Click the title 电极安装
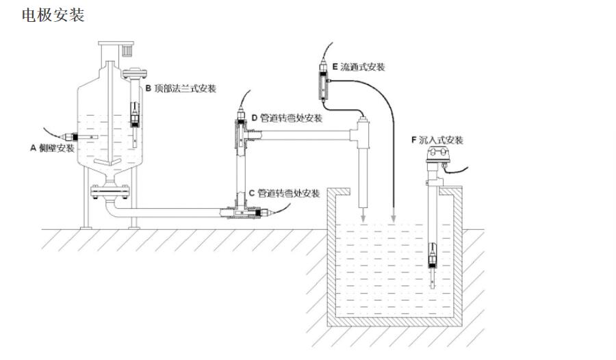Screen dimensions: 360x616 53,15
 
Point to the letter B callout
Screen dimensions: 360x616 148,88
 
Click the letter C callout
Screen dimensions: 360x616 252,193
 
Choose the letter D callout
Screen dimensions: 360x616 254,118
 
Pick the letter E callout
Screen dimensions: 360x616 335,67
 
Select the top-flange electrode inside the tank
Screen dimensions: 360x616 135,114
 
